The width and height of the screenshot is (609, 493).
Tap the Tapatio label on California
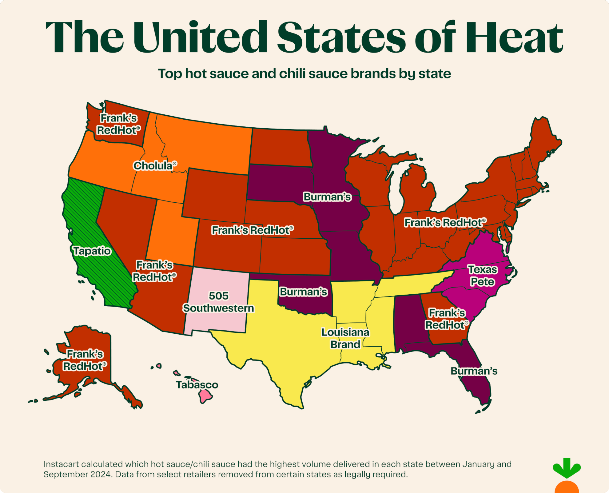[92, 251]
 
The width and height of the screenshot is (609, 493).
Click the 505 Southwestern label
[218, 302]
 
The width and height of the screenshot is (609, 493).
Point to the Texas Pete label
[482, 276]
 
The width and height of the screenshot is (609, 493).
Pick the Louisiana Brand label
[345, 338]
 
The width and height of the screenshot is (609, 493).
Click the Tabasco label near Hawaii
[197, 385]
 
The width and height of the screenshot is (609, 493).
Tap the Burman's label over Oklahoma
[303, 292]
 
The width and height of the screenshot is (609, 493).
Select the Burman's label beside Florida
[474, 371]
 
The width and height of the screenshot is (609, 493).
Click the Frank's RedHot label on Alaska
[85, 360]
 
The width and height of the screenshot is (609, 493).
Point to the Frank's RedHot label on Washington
[118, 124]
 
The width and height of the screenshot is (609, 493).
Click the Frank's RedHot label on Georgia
[447, 319]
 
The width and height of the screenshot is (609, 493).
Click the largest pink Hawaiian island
[205, 396]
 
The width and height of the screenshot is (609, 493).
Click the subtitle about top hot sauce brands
[304, 74]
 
